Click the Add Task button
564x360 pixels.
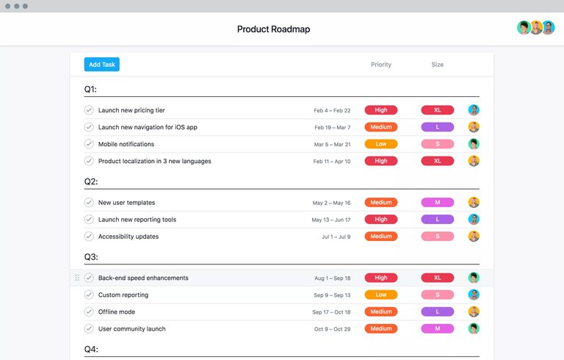(101, 65)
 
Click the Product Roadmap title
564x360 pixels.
(273, 29)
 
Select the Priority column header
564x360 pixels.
(380, 65)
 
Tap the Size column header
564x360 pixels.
(437, 65)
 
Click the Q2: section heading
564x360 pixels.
(91, 181)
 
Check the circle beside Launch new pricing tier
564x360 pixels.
(89, 110)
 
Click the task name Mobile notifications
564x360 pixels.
(126, 144)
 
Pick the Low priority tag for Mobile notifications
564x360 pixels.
(380, 144)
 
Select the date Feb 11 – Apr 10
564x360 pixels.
(332, 162)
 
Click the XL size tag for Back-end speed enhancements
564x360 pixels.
(437, 278)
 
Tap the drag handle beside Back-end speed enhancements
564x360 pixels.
(77, 278)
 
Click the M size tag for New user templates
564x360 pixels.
(437, 203)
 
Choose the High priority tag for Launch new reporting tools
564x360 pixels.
(380, 220)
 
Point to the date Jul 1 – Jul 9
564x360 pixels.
(336, 237)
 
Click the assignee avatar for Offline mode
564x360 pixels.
(474, 312)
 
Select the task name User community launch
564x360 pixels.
(132, 328)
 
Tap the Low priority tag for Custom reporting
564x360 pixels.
(380, 295)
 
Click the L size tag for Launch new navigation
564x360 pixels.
(437, 127)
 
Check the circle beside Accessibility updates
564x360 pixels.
(89, 237)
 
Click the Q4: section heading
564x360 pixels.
(91, 350)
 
